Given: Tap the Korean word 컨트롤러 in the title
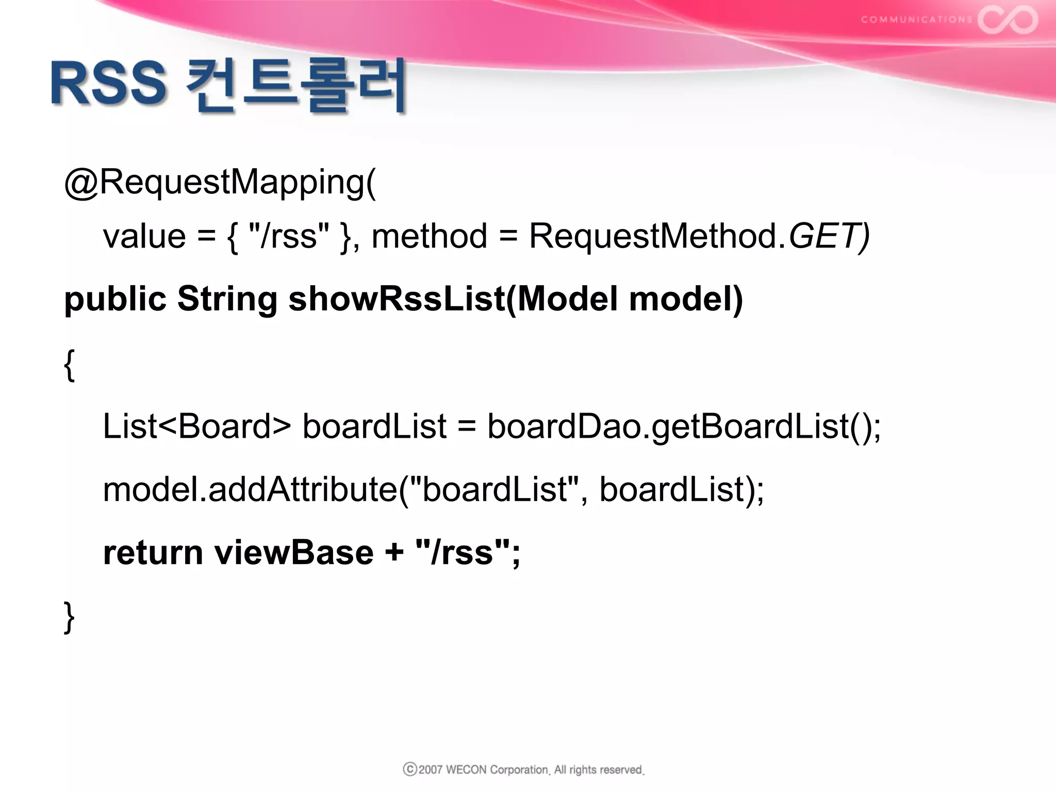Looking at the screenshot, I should (296, 86).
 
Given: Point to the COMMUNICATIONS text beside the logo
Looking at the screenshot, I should (916, 20).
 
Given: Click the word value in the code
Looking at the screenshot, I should (144, 237).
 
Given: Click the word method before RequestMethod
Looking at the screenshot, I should (429, 237).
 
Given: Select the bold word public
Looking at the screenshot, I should (115, 300).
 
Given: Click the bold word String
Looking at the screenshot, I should (227, 300).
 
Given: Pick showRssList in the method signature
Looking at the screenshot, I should (397, 300).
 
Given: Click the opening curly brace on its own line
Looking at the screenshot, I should (69, 365).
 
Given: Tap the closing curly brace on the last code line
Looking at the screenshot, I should (69, 617).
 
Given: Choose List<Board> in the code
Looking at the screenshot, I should (196, 426).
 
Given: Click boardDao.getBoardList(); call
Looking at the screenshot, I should (684, 426).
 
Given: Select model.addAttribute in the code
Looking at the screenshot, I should (250, 489).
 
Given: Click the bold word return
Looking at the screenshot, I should (153, 553).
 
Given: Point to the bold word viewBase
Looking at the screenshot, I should (294, 553).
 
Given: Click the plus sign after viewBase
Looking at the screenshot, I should (394, 553).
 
